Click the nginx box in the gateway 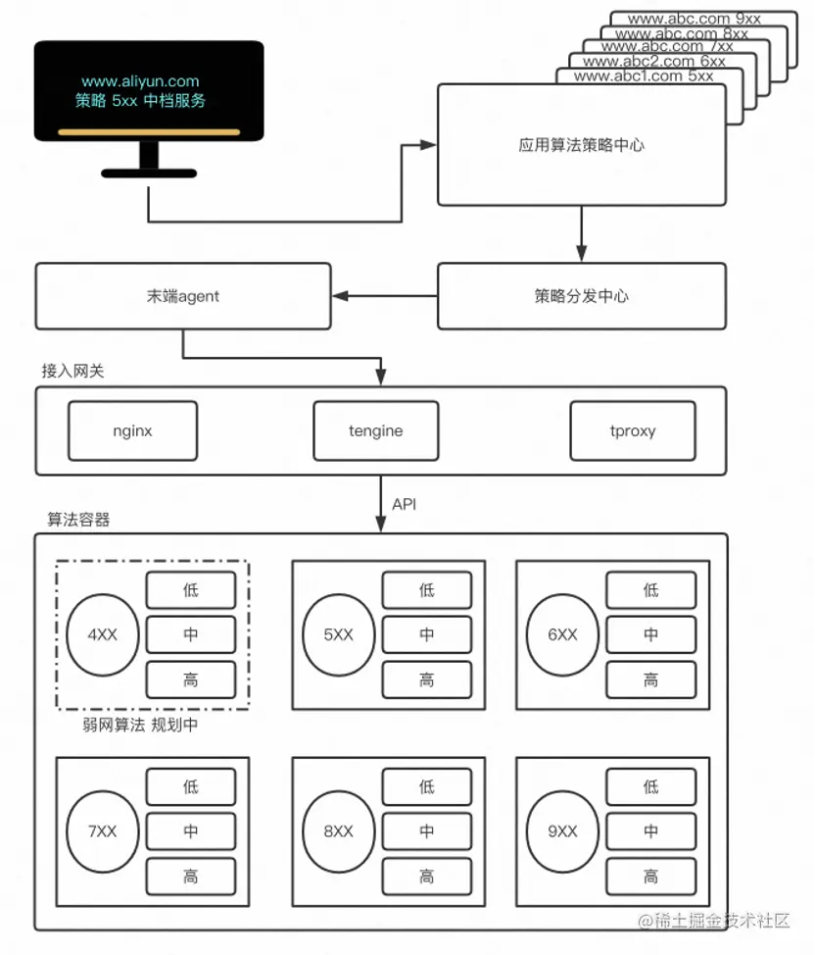132,430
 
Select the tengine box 375,430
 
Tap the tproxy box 633,430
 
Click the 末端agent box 182,296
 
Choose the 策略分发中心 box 581,296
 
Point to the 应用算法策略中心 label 581,145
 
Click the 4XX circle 102,634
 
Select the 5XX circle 338,634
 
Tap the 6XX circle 562,634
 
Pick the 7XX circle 102,831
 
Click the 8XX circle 338,831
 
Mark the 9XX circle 562,831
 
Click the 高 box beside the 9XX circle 650,877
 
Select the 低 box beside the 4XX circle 191,590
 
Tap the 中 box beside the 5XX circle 426,634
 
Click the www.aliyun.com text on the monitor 140,81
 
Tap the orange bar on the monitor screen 149,131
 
